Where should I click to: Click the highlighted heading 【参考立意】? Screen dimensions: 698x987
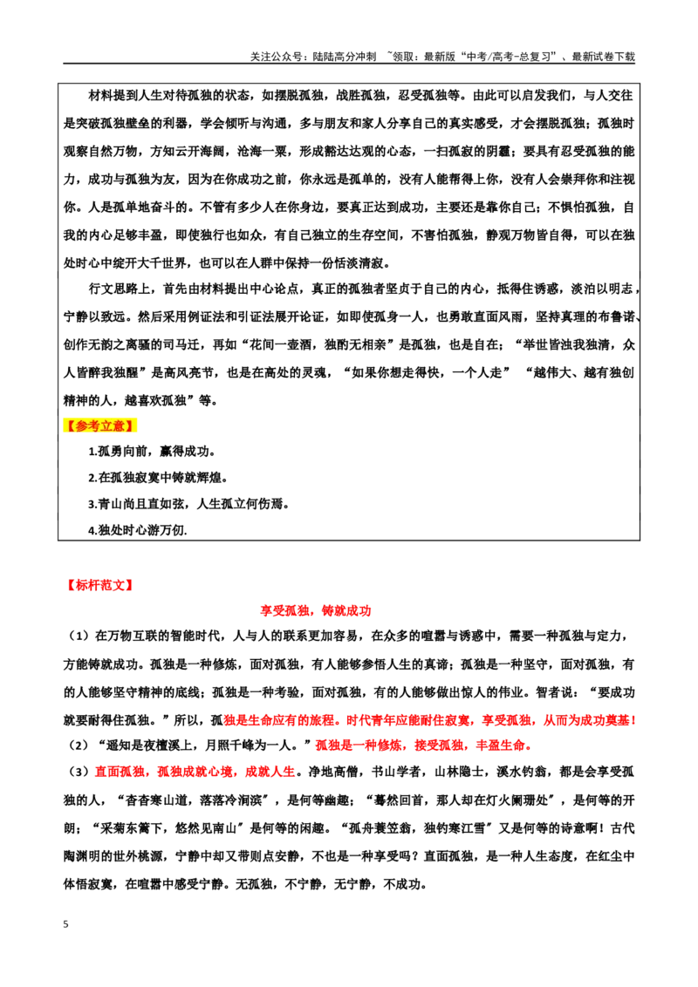(x=100, y=426)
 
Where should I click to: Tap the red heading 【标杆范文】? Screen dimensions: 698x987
(x=100, y=585)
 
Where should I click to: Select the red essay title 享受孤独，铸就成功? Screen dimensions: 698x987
(x=316, y=610)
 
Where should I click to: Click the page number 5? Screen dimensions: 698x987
(x=66, y=924)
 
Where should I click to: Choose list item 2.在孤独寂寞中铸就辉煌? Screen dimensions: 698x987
(x=158, y=478)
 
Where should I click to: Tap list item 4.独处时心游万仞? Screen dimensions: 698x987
(x=137, y=530)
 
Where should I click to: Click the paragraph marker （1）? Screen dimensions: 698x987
(x=79, y=636)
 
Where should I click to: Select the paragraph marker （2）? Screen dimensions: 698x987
(x=79, y=745)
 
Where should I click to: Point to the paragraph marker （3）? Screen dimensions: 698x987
(x=79, y=772)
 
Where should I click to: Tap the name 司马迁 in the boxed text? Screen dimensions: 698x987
(x=195, y=345)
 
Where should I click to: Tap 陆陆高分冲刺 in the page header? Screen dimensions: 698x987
(x=345, y=57)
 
